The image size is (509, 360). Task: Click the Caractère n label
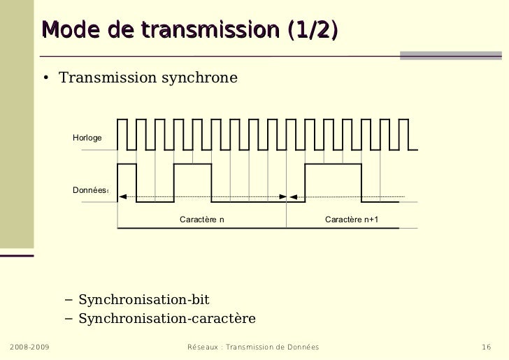[202, 220]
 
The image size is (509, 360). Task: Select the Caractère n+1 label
[352, 220]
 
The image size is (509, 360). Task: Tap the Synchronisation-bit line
[143, 301]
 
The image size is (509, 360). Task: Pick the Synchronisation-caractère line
[166, 319]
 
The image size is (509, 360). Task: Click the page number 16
[488, 347]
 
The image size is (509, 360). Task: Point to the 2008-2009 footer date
[29, 347]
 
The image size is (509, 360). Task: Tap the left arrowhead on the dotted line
[122, 197]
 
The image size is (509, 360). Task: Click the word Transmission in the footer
[255, 347]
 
